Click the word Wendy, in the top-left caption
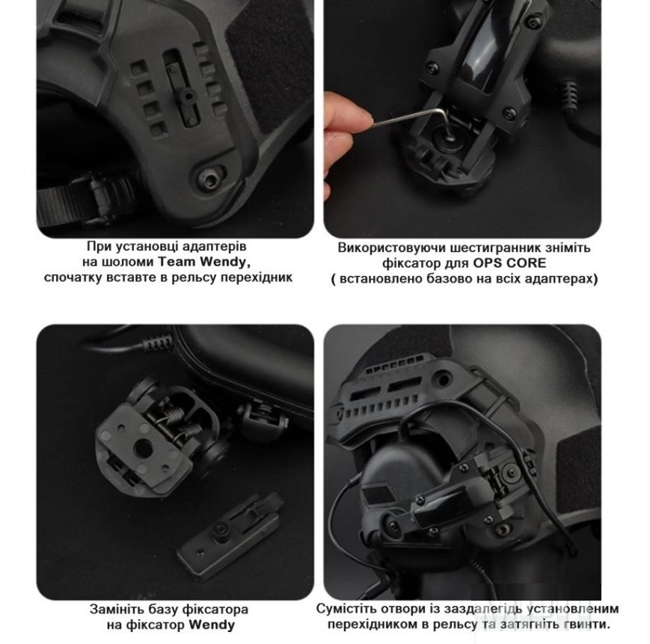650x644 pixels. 224,262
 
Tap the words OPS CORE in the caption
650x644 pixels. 509,263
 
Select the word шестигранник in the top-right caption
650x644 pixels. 482,248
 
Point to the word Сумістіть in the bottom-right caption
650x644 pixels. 342,609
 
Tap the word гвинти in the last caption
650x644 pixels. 588,625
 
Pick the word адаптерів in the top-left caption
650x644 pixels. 215,247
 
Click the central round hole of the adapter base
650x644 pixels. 143,448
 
